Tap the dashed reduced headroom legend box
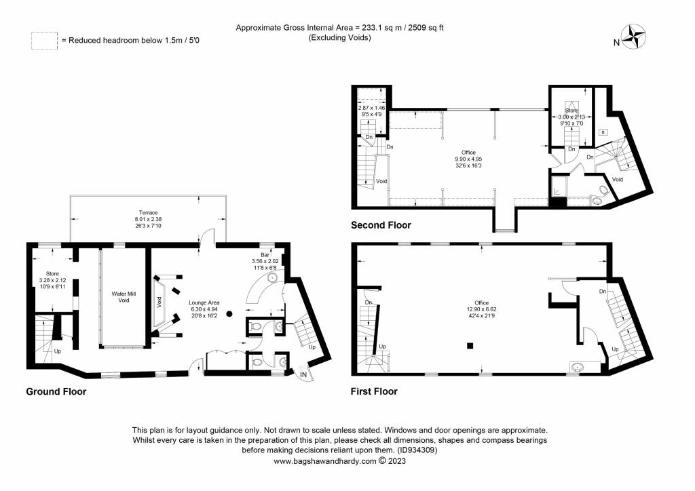click(43, 41)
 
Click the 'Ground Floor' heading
click(56, 391)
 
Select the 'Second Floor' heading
click(381, 224)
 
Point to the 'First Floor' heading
click(374, 391)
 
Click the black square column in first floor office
click(469, 347)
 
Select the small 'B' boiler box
click(602, 132)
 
